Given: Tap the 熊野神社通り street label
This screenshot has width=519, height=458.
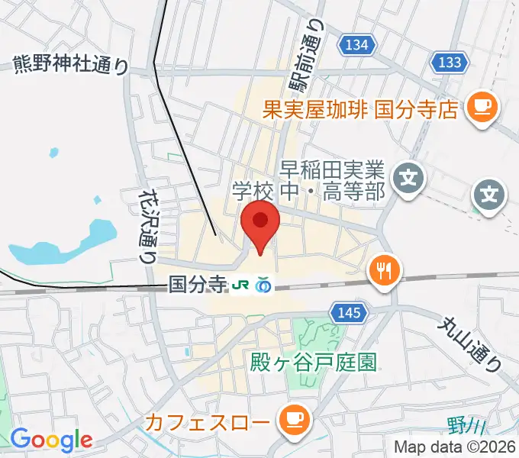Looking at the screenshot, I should [71, 66].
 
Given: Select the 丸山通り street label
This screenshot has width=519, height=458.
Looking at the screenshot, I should [469, 343].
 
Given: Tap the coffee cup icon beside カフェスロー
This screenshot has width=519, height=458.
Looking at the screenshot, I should [292, 420].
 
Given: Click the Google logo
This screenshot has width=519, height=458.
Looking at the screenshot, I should [51, 440].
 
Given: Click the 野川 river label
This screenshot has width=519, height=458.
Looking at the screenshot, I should [463, 425].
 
